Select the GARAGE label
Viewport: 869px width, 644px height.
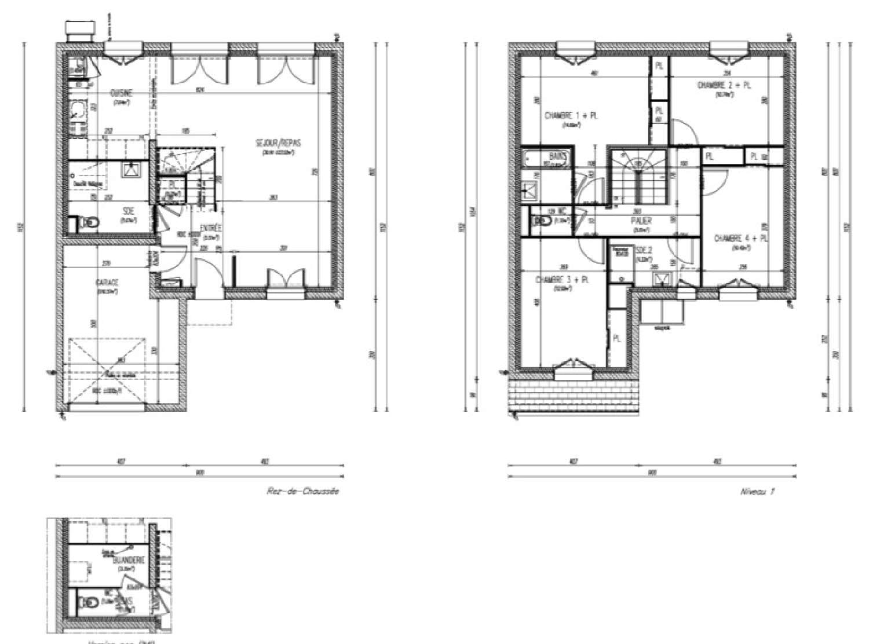point(107,283)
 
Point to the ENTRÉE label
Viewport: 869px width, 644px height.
point(208,228)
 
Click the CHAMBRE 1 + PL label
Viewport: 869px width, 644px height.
point(571,116)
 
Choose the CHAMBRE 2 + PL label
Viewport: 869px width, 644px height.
point(724,85)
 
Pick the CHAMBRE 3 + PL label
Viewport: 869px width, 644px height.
point(563,280)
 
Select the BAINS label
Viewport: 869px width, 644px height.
point(557,156)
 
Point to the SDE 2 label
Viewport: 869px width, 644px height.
point(644,251)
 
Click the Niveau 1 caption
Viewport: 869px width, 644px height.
point(757,492)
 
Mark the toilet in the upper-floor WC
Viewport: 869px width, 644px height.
point(541,221)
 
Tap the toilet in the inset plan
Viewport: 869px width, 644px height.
point(89,605)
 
